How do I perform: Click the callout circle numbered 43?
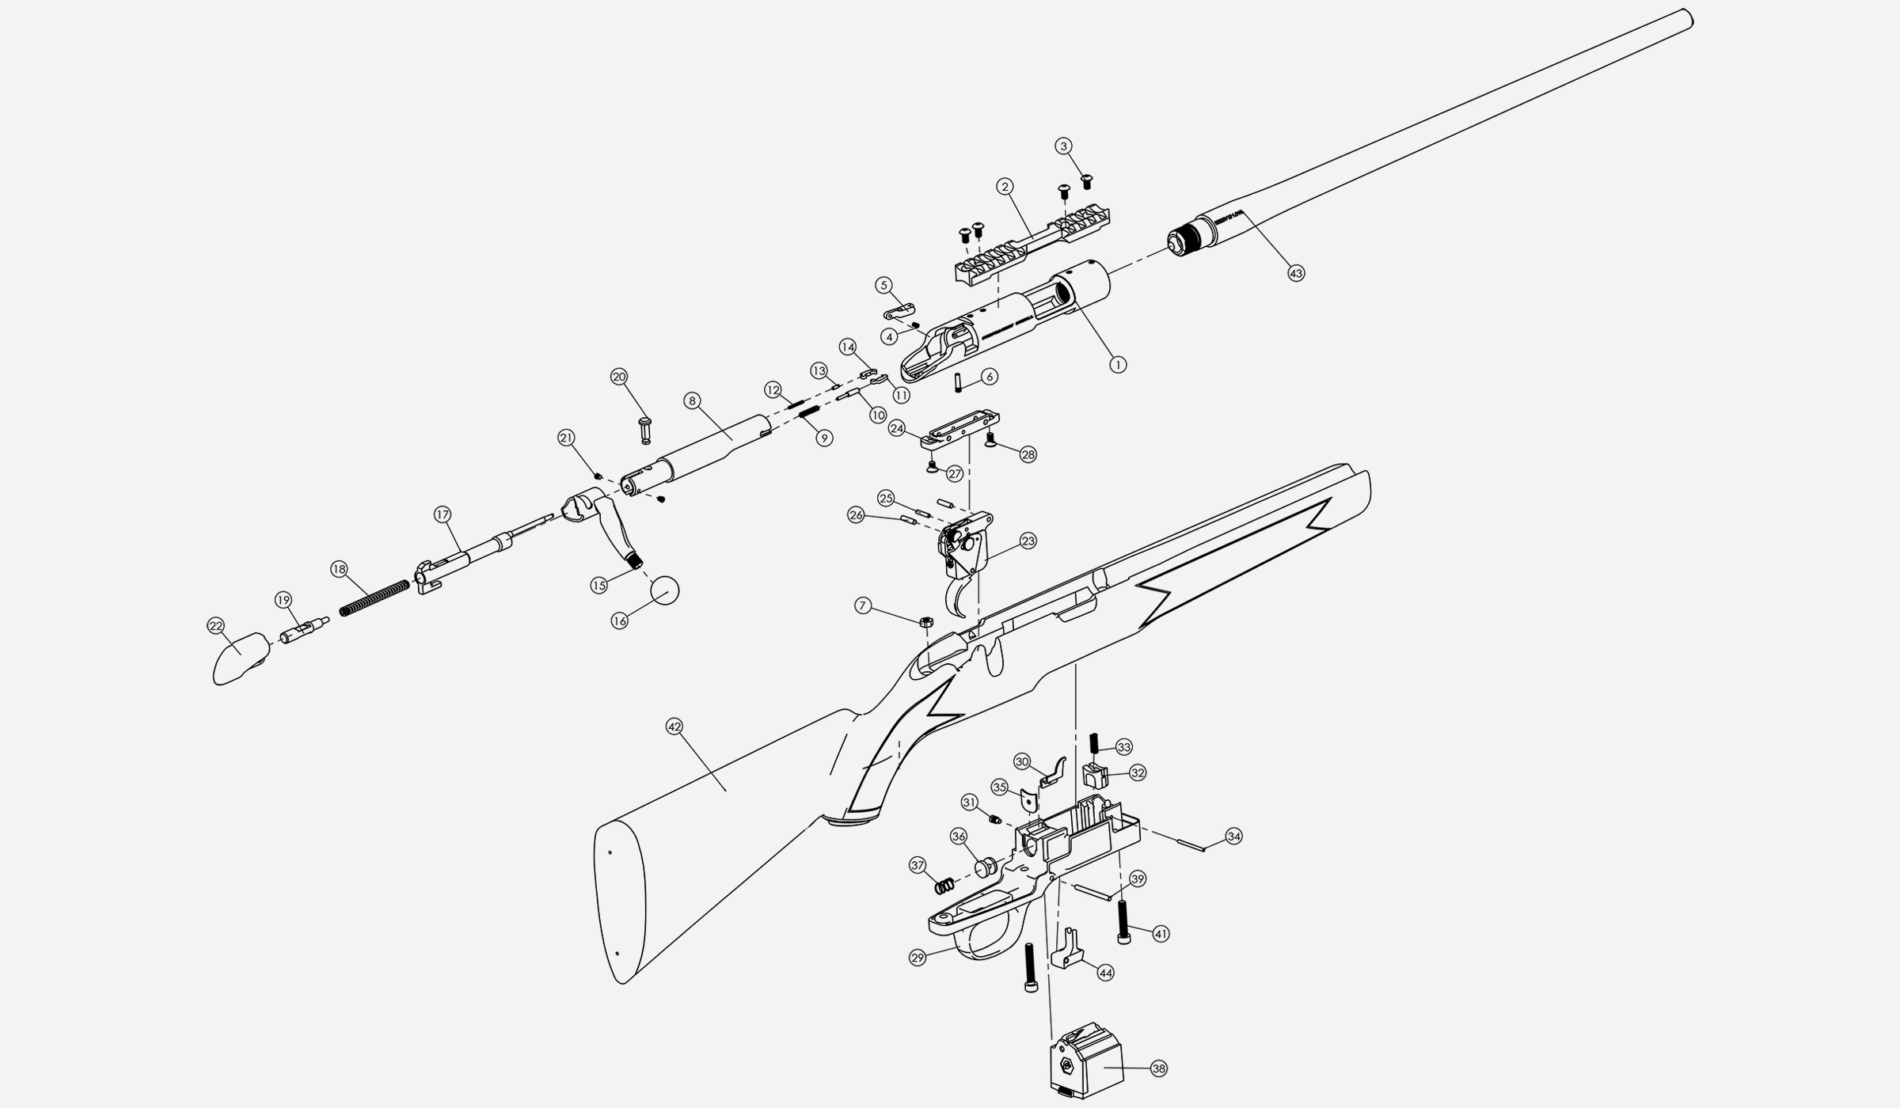click(1295, 273)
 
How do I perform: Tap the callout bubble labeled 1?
click(1117, 365)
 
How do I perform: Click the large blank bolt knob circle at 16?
click(665, 590)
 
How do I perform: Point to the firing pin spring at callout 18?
click(374, 598)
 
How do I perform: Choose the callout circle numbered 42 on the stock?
click(674, 727)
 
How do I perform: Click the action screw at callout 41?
click(1123, 923)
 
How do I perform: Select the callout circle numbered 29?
click(918, 958)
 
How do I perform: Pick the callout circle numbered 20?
click(619, 377)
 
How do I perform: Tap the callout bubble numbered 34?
click(1233, 836)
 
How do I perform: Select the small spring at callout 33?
click(1094, 743)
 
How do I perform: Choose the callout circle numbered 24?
click(897, 428)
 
